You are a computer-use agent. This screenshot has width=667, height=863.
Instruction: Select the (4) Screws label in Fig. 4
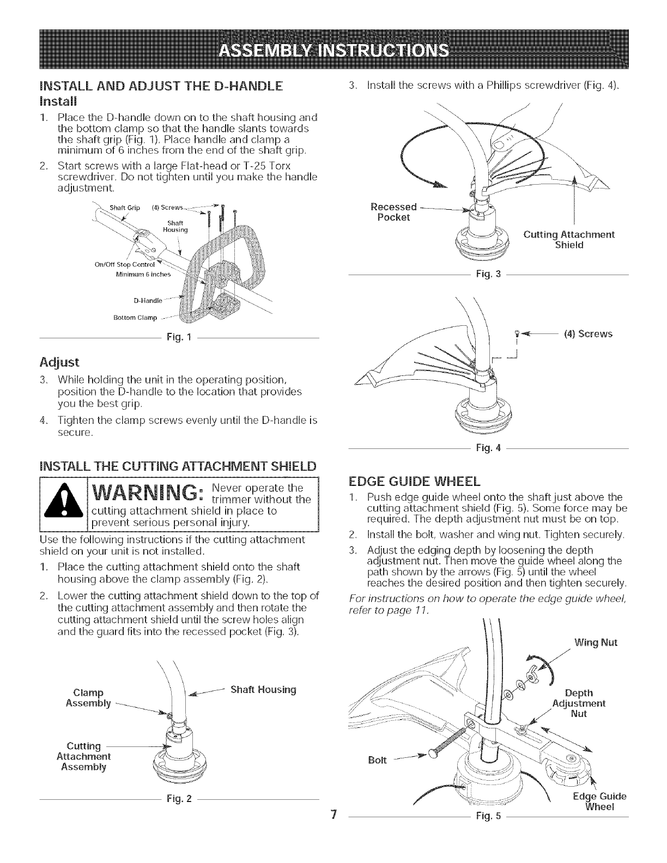point(588,333)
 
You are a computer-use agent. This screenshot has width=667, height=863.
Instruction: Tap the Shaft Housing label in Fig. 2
point(263,689)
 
